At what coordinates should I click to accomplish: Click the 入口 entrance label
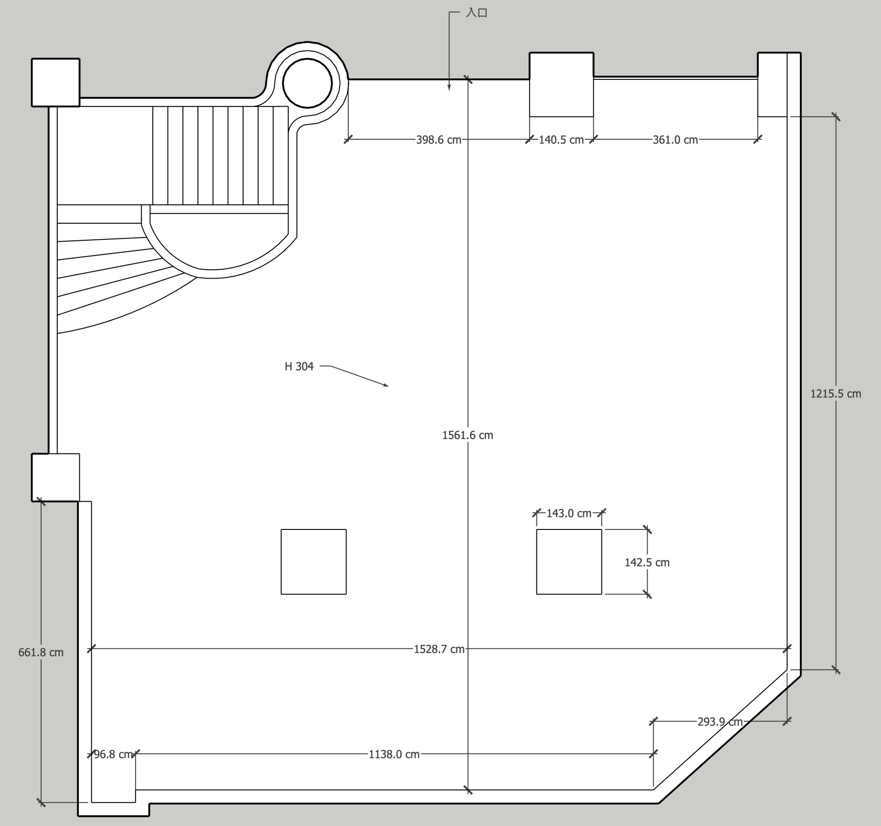[476, 12]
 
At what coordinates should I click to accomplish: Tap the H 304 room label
[299, 366]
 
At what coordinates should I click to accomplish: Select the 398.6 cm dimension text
[439, 140]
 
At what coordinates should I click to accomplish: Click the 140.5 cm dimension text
[561, 140]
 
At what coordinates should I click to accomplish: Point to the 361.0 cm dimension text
[675, 140]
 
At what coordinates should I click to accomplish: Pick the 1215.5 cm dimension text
[836, 393]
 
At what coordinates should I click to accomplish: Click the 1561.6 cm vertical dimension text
[468, 435]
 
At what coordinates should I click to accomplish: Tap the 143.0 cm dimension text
[569, 513]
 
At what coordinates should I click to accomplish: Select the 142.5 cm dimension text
[647, 562]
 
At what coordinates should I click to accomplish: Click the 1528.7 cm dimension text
[439, 649]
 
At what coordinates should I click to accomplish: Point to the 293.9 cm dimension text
[720, 722]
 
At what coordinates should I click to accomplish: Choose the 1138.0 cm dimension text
[394, 754]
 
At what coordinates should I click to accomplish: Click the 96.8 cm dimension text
[113, 754]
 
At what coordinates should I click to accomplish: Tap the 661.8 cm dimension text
[41, 652]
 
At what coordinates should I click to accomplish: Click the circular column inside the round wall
[307, 83]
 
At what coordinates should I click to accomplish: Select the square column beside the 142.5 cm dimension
[569, 562]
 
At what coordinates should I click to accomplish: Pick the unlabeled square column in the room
[314, 562]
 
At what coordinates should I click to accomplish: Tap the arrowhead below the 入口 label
[449, 87]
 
